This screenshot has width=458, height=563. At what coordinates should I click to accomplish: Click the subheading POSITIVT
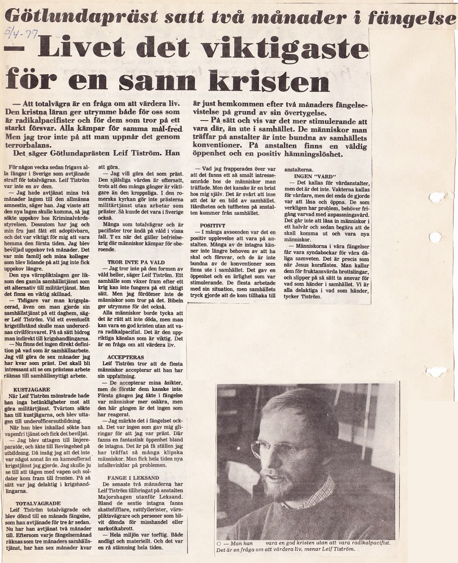tap(212, 226)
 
